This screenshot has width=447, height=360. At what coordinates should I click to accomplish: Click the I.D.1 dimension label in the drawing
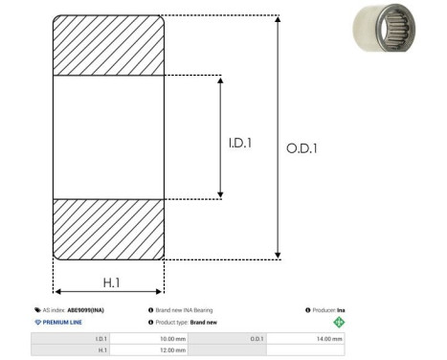(239, 144)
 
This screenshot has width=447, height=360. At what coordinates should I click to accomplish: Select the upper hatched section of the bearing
(108, 45)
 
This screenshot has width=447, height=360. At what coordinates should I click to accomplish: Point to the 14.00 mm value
(328, 338)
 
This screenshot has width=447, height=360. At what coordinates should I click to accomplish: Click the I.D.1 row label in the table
(101, 338)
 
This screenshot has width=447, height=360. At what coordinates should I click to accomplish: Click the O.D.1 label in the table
(257, 338)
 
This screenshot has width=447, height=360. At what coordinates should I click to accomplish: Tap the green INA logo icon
(338, 323)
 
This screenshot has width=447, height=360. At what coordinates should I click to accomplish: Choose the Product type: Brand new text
(185, 323)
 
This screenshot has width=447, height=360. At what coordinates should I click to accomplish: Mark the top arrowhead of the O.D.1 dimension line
(279, 19)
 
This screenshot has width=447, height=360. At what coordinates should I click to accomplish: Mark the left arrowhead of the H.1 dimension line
(56, 291)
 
